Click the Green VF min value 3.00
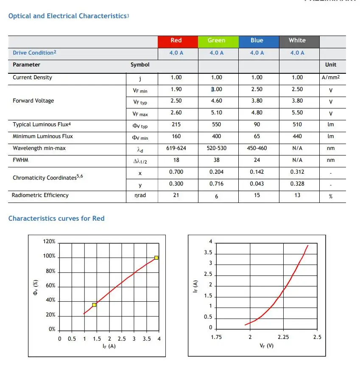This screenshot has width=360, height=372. click(217, 89)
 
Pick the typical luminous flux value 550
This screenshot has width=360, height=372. click(217, 124)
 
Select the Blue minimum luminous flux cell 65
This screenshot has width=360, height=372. click(257, 136)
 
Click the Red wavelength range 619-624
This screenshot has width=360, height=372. click(176, 148)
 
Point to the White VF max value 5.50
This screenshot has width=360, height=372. click(297, 112)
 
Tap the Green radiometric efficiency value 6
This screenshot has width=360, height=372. click(217, 197)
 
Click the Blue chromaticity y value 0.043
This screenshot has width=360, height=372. click(257, 183)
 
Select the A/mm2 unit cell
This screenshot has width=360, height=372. click(331, 78)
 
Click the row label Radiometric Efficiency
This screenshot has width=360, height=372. click(40, 195)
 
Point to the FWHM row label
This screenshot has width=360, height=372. click(20, 160)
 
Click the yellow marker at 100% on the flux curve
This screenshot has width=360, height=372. click(156, 258)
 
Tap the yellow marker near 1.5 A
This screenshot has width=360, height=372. click(94, 305)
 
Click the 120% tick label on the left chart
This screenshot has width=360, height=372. click(49, 241)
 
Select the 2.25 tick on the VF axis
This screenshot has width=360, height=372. click(283, 337)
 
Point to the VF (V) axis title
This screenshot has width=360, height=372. click(266, 346)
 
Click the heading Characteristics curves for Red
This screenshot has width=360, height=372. click(56, 218)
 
